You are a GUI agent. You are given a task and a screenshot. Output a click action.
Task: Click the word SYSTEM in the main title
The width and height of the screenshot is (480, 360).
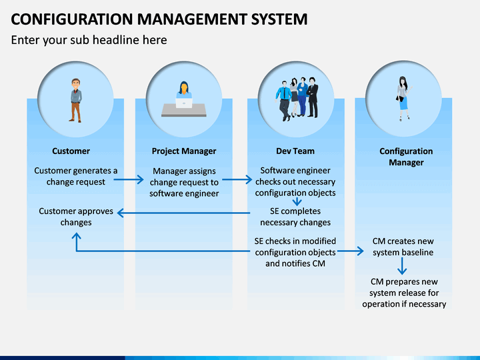(x=279, y=19)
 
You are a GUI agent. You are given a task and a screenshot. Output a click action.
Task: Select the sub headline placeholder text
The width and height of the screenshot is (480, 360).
(x=89, y=40)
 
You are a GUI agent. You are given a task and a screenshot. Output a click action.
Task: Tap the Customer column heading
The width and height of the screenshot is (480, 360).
(x=71, y=151)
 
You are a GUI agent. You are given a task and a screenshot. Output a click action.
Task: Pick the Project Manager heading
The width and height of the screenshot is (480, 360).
(x=184, y=151)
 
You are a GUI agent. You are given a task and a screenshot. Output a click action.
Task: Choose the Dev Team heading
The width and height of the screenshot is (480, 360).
(x=295, y=151)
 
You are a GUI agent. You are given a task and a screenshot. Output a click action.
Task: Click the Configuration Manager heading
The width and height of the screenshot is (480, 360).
(x=406, y=157)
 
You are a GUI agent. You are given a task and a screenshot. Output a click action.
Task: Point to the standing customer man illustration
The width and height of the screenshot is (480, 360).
(x=76, y=101)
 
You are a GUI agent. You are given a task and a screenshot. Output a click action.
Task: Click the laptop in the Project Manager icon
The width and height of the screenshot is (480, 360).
(x=184, y=103)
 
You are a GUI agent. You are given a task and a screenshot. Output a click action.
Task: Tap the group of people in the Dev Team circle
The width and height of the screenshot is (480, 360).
(x=297, y=99)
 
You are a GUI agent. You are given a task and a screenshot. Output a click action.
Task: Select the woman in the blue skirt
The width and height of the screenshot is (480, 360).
(x=404, y=99)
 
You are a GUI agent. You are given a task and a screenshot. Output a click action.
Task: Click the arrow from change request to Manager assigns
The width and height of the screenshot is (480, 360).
(x=129, y=180)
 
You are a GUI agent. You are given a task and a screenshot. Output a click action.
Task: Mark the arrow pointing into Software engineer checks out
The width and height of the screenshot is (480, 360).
(x=237, y=180)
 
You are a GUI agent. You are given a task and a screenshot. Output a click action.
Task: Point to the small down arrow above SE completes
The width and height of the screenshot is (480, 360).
(x=297, y=202)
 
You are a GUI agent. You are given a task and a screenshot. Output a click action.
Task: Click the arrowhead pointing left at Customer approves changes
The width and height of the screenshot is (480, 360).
(x=120, y=213)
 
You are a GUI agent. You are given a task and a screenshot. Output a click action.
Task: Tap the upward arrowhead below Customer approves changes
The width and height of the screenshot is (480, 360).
(x=76, y=236)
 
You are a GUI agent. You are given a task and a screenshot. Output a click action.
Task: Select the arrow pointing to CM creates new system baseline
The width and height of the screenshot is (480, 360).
(x=351, y=251)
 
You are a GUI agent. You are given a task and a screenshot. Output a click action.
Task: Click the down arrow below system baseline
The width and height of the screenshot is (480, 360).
(x=402, y=266)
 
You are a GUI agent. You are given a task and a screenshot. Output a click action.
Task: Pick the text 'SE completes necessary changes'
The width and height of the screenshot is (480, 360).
(x=295, y=217)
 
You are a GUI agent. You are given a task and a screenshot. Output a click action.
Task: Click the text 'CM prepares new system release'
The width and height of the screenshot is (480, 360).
(x=404, y=287)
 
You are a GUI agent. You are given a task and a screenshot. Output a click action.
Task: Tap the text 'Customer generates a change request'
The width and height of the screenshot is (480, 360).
(x=75, y=176)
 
